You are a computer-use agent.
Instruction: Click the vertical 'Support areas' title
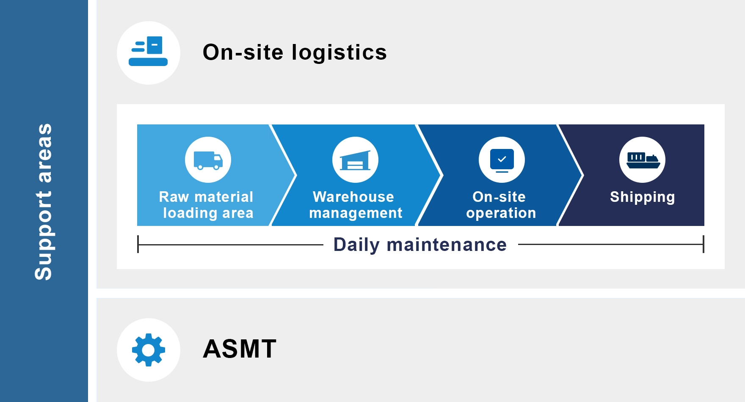pyautogui.click(x=43, y=201)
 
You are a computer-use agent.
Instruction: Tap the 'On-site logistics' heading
pyautogui.click(x=295, y=52)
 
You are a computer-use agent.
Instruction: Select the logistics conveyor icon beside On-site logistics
pyautogui.click(x=148, y=51)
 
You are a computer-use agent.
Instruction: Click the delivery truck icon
pyautogui.click(x=208, y=160)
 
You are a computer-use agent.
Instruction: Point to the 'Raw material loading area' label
pyautogui.click(x=207, y=205)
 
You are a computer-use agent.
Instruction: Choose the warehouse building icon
pyautogui.click(x=355, y=160)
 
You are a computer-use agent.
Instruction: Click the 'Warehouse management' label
pyautogui.click(x=355, y=205)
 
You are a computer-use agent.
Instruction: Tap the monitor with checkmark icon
pyautogui.click(x=502, y=160)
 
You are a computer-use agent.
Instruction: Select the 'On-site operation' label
pyautogui.click(x=501, y=205)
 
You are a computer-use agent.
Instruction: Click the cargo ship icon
pyautogui.click(x=643, y=160)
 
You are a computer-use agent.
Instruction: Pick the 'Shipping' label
pyautogui.click(x=642, y=197)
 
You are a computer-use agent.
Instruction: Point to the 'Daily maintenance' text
pyautogui.click(x=420, y=245)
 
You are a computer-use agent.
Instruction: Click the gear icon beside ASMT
pyautogui.click(x=149, y=350)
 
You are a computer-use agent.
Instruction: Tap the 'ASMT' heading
pyautogui.click(x=240, y=349)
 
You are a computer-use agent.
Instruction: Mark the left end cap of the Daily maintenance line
pyautogui.click(x=138, y=245)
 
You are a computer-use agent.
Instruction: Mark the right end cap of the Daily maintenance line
pyautogui.click(x=704, y=245)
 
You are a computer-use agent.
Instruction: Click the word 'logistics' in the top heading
pyautogui.click(x=339, y=52)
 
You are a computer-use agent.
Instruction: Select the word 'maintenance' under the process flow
pyautogui.click(x=447, y=245)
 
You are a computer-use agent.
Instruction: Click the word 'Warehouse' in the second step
pyautogui.click(x=353, y=197)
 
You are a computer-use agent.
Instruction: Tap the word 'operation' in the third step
pyautogui.click(x=501, y=213)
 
